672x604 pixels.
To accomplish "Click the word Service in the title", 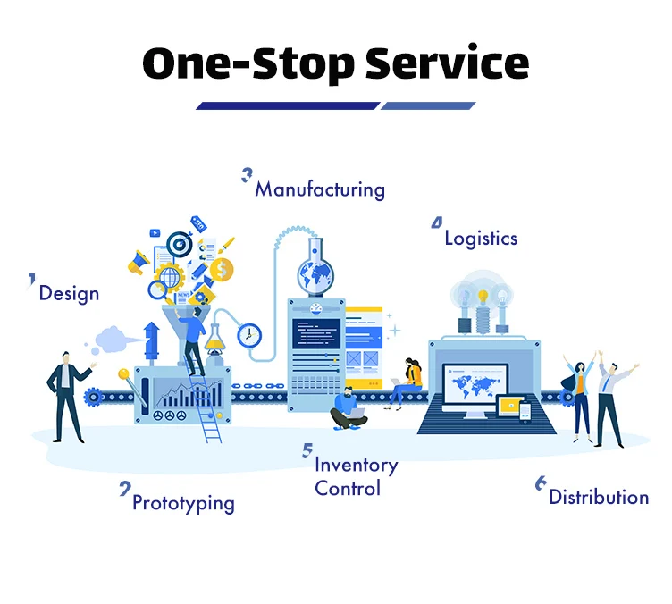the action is pos(435,63).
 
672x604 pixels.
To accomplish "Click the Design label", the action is pos(69,293).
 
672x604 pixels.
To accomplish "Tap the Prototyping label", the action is pos(183,503).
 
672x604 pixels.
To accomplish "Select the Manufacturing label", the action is pos(320,189).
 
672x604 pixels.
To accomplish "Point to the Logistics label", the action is pos(481,238).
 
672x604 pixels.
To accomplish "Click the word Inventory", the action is pos(356,466).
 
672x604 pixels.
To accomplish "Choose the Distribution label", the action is pos(599,497).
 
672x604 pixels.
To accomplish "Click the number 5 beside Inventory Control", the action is pos(307,451).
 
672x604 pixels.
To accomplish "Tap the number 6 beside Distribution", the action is pos(541,483).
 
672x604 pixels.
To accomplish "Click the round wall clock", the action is pos(249,335).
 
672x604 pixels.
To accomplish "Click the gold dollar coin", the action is pos(222,268).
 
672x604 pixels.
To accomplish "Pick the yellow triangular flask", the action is pos(215,338).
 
